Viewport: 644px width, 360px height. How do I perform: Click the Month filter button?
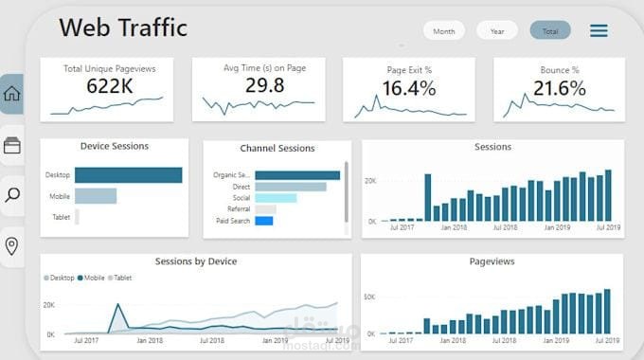coord(443,31)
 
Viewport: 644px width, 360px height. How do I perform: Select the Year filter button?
coord(496,31)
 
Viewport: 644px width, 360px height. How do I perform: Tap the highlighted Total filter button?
coord(549,31)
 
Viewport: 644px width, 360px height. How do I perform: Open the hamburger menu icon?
coord(599,31)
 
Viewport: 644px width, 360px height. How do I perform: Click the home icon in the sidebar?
coord(12,94)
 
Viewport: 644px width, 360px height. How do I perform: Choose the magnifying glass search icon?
coord(12,195)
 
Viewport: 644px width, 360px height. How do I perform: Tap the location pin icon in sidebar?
coord(12,246)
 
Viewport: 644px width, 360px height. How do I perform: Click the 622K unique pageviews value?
coord(109,86)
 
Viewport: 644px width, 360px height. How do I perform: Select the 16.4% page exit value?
coord(409,88)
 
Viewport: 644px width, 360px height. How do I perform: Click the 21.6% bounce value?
coord(559,88)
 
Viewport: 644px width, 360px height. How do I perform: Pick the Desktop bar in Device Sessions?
coord(128,175)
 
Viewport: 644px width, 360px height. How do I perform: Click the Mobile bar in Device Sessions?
coord(96,196)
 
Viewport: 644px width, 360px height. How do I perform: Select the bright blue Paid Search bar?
coord(264,221)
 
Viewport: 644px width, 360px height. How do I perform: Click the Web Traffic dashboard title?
coord(123,27)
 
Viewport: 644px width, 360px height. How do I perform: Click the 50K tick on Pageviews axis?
coord(370,297)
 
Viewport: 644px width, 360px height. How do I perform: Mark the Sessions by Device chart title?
coord(196,261)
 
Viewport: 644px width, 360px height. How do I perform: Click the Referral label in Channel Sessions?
coord(239,209)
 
